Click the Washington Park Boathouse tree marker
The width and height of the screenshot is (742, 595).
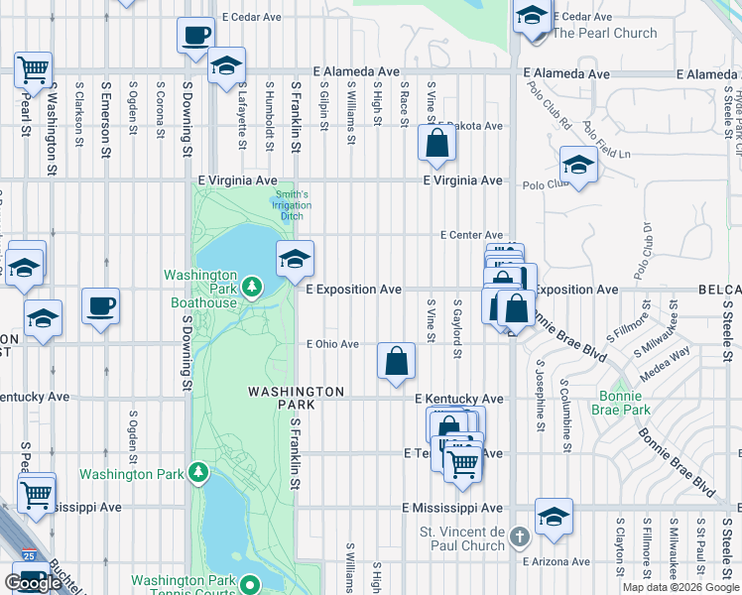(253, 288)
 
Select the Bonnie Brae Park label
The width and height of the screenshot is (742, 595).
(621, 402)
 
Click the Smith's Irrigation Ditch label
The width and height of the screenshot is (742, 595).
(292, 205)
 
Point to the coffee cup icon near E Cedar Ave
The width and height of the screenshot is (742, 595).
(195, 35)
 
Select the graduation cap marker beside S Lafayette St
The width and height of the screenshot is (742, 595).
(226, 66)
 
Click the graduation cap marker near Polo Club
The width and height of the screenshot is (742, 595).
(578, 164)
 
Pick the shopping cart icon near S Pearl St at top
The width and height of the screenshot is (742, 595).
(34, 70)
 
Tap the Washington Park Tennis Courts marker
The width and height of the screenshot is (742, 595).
(250, 586)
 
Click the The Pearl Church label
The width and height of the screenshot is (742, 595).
(604, 33)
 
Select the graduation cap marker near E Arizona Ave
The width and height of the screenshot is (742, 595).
(554, 516)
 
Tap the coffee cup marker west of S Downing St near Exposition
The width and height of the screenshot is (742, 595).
(100, 305)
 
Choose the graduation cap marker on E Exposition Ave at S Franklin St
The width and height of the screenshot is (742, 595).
(295, 260)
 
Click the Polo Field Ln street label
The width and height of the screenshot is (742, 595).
(607, 142)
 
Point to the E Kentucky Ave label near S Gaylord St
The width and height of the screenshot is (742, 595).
(458, 398)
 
